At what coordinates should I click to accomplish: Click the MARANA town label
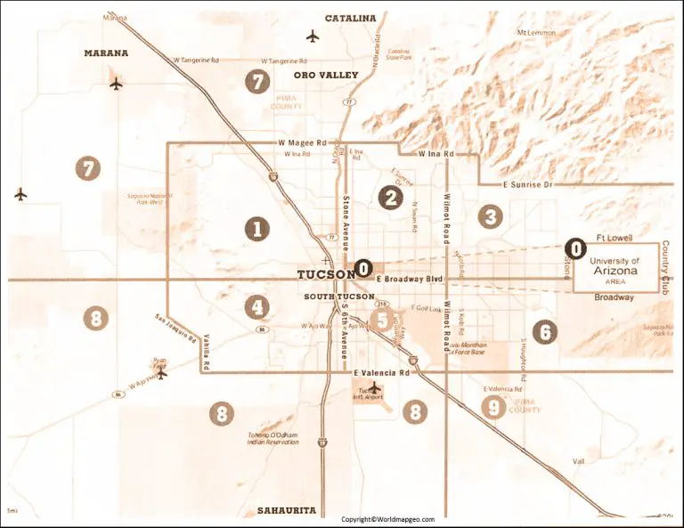click(106, 53)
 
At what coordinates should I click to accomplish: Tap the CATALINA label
click(350, 18)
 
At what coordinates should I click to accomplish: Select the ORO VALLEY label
click(325, 76)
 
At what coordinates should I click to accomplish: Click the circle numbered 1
click(256, 229)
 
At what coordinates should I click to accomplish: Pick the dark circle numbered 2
click(389, 198)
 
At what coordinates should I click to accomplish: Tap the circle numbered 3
click(489, 215)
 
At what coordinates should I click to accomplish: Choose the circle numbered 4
click(257, 307)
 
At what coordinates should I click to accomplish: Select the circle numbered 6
click(544, 332)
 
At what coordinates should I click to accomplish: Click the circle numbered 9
click(493, 407)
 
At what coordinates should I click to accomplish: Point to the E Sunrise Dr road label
click(528, 183)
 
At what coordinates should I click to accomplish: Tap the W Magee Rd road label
click(303, 142)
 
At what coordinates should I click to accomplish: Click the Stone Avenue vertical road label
click(346, 213)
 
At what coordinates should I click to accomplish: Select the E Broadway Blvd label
click(409, 280)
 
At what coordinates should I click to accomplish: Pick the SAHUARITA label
click(286, 510)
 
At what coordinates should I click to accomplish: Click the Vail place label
click(579, 461)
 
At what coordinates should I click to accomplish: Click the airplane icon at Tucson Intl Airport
click(375, 387)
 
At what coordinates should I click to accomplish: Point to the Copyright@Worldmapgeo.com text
click(387, 519)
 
